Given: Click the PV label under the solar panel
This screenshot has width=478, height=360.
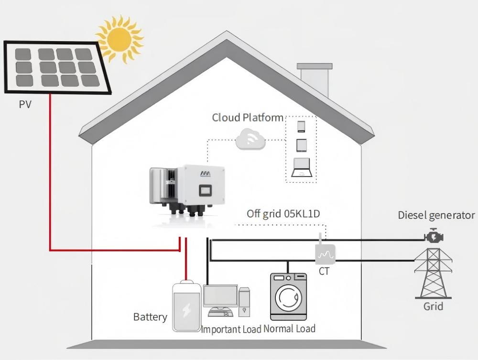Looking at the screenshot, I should (x=25, y=104).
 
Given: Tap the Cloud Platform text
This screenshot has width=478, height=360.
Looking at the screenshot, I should (x=248, y=118).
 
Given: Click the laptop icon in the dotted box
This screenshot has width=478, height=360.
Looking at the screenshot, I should (x=301, y=167).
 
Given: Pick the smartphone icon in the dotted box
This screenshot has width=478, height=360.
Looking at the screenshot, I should (x=301, y=126).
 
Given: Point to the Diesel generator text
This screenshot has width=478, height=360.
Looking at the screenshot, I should (x=436, y=215).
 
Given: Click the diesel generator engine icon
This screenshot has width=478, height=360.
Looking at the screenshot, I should (x=433, y=237).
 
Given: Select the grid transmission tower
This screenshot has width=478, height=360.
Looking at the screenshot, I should (x=433, y=273).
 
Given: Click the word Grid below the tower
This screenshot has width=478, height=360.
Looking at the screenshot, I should (x=433, y=306).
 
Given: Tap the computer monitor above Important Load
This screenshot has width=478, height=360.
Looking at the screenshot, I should (x=220, y=296).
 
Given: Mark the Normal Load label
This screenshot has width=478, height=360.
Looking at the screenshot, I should (x=290, y=329).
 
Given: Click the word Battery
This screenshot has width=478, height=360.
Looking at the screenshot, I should (x=150, y=317).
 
